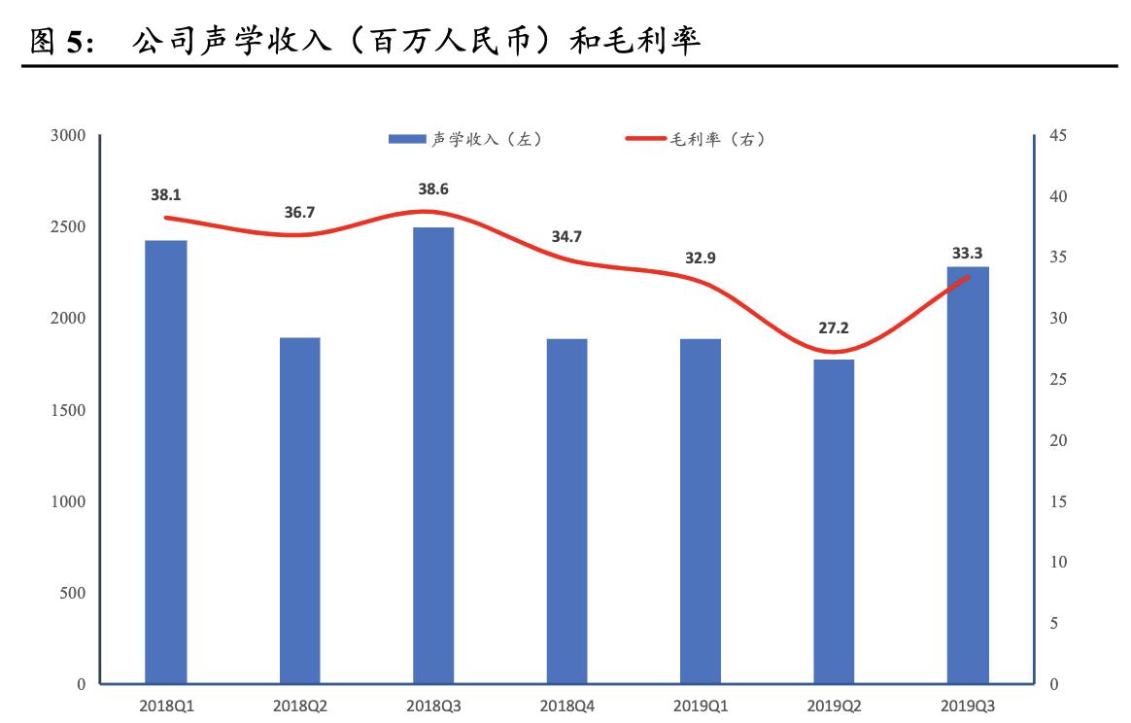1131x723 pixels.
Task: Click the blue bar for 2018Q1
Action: tap(166, 462)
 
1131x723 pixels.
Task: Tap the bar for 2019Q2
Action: tap(834, 522)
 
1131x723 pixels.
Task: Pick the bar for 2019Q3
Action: tap(968, 475)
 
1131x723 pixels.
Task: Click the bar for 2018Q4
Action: tap(566, 511)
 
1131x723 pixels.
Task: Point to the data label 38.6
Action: tap(433, 189)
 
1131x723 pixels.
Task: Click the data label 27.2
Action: tap(834, 327)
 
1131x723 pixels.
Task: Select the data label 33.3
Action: tap(967, 254)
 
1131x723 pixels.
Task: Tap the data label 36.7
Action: tap(299, 212)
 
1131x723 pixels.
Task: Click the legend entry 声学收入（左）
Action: tap(464, 140)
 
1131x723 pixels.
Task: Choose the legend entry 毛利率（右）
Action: tap(695, 140)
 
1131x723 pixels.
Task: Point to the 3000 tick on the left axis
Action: tap(69, 135)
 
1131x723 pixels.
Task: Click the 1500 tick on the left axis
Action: tap(69, 410)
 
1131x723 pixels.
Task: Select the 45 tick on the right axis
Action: tap(1058, 135)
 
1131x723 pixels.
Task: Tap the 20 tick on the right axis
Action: tap(1058, 440)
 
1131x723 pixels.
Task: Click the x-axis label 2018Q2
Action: tap(300, 706)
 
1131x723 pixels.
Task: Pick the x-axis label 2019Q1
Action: tap(701, 706)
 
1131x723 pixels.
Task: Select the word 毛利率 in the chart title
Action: tap(652, 42)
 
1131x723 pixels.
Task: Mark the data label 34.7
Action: tap(566, 236)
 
